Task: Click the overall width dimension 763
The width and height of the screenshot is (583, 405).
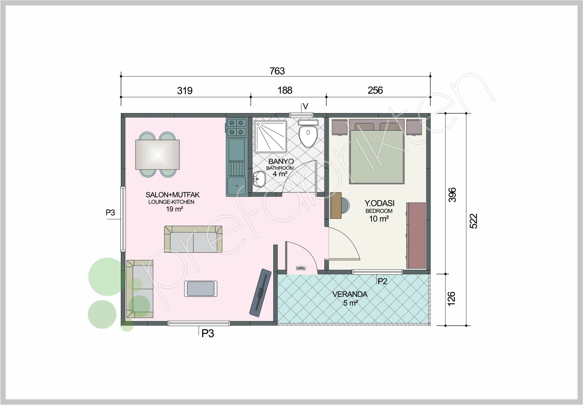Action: coord(277,71)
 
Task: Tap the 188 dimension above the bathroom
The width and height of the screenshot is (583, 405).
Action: coord(285,90)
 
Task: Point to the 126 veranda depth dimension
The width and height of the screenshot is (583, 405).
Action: coord(451,299)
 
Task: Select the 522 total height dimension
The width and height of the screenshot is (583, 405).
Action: coord(474,221)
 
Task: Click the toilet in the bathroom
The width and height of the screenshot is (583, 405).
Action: coord(308,134)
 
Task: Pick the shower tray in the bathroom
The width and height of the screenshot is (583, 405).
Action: coord(271,136)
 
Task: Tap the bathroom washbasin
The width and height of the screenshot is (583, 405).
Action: coord(259,179)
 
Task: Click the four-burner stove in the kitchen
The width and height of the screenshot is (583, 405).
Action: coord(237,127)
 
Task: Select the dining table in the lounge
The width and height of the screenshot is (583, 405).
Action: coord(157,155)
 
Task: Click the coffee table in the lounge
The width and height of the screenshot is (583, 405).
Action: coord(201,289)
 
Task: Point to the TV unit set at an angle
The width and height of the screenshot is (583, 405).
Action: coord(260,293)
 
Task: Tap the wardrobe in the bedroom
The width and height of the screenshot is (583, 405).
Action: coord(416,236)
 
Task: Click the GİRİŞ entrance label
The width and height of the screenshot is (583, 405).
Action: coord(300,268)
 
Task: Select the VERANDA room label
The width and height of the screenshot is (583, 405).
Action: coord(350,294)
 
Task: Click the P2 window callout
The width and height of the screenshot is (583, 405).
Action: coord(382,281)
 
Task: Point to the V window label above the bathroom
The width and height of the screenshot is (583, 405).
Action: coord(306,106)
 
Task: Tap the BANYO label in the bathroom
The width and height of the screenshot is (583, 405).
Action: coord(281,162)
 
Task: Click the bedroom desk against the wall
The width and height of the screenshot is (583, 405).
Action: coord(336,205)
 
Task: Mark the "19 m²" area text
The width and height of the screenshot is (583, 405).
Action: coord(174,209)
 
